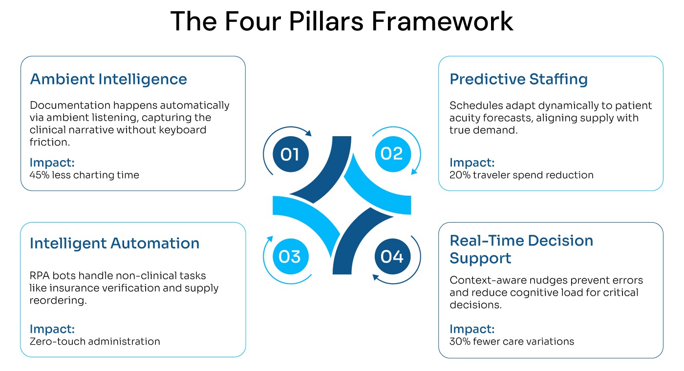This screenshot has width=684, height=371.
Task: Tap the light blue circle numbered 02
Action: [x=391, y=154]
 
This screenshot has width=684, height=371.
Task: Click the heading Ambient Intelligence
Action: [x=108, y=79]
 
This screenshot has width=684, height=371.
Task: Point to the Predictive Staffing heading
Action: [x=518, y=79]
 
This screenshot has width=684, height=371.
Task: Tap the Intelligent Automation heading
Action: [x=114, y=243]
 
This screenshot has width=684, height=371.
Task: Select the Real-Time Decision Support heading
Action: [x=521, y=249]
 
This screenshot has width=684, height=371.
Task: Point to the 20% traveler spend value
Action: [x=459, y=175]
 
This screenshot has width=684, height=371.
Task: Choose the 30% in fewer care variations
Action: [x=459, y=341]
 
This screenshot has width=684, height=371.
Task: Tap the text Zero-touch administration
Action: [x=95, y=341]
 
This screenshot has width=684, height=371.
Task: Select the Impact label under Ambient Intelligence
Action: [x=52, y=163]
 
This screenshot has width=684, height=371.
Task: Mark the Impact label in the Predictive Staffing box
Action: [x=472, y=163]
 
